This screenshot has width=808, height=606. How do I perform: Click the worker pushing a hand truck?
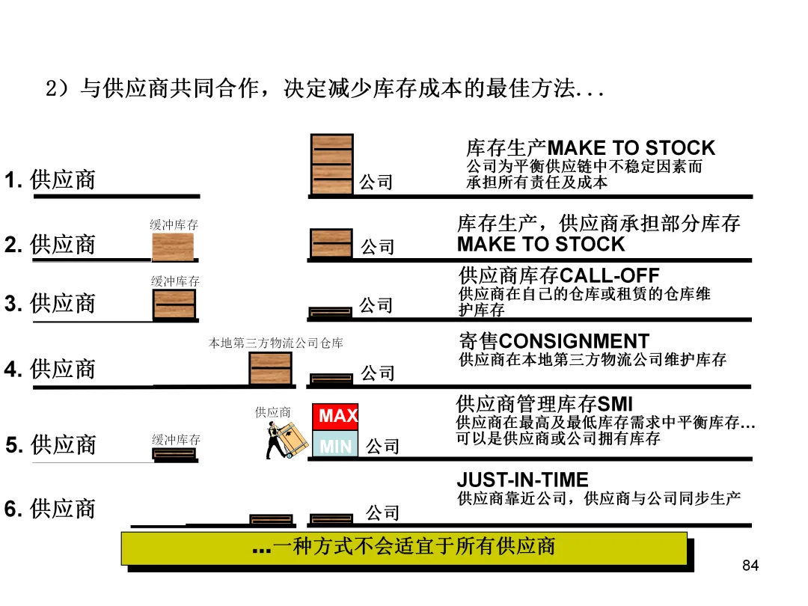click(287, 441)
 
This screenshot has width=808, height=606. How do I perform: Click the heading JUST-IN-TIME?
click(522, 480)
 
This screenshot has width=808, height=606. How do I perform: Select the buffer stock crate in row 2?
click(173, 247)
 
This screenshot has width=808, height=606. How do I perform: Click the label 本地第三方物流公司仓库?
click(275, 343)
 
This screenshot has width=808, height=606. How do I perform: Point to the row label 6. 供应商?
click(51, 509)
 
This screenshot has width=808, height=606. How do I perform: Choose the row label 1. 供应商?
click(51, 180)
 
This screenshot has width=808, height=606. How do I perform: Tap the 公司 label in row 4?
click(378, 373)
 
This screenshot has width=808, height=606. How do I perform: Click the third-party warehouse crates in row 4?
click(270, 368)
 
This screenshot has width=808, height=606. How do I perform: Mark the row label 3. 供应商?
click(51, 304)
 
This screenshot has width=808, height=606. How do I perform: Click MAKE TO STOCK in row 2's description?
click(540, 245)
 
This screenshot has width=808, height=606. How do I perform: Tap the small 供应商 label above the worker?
click(273, 412)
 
